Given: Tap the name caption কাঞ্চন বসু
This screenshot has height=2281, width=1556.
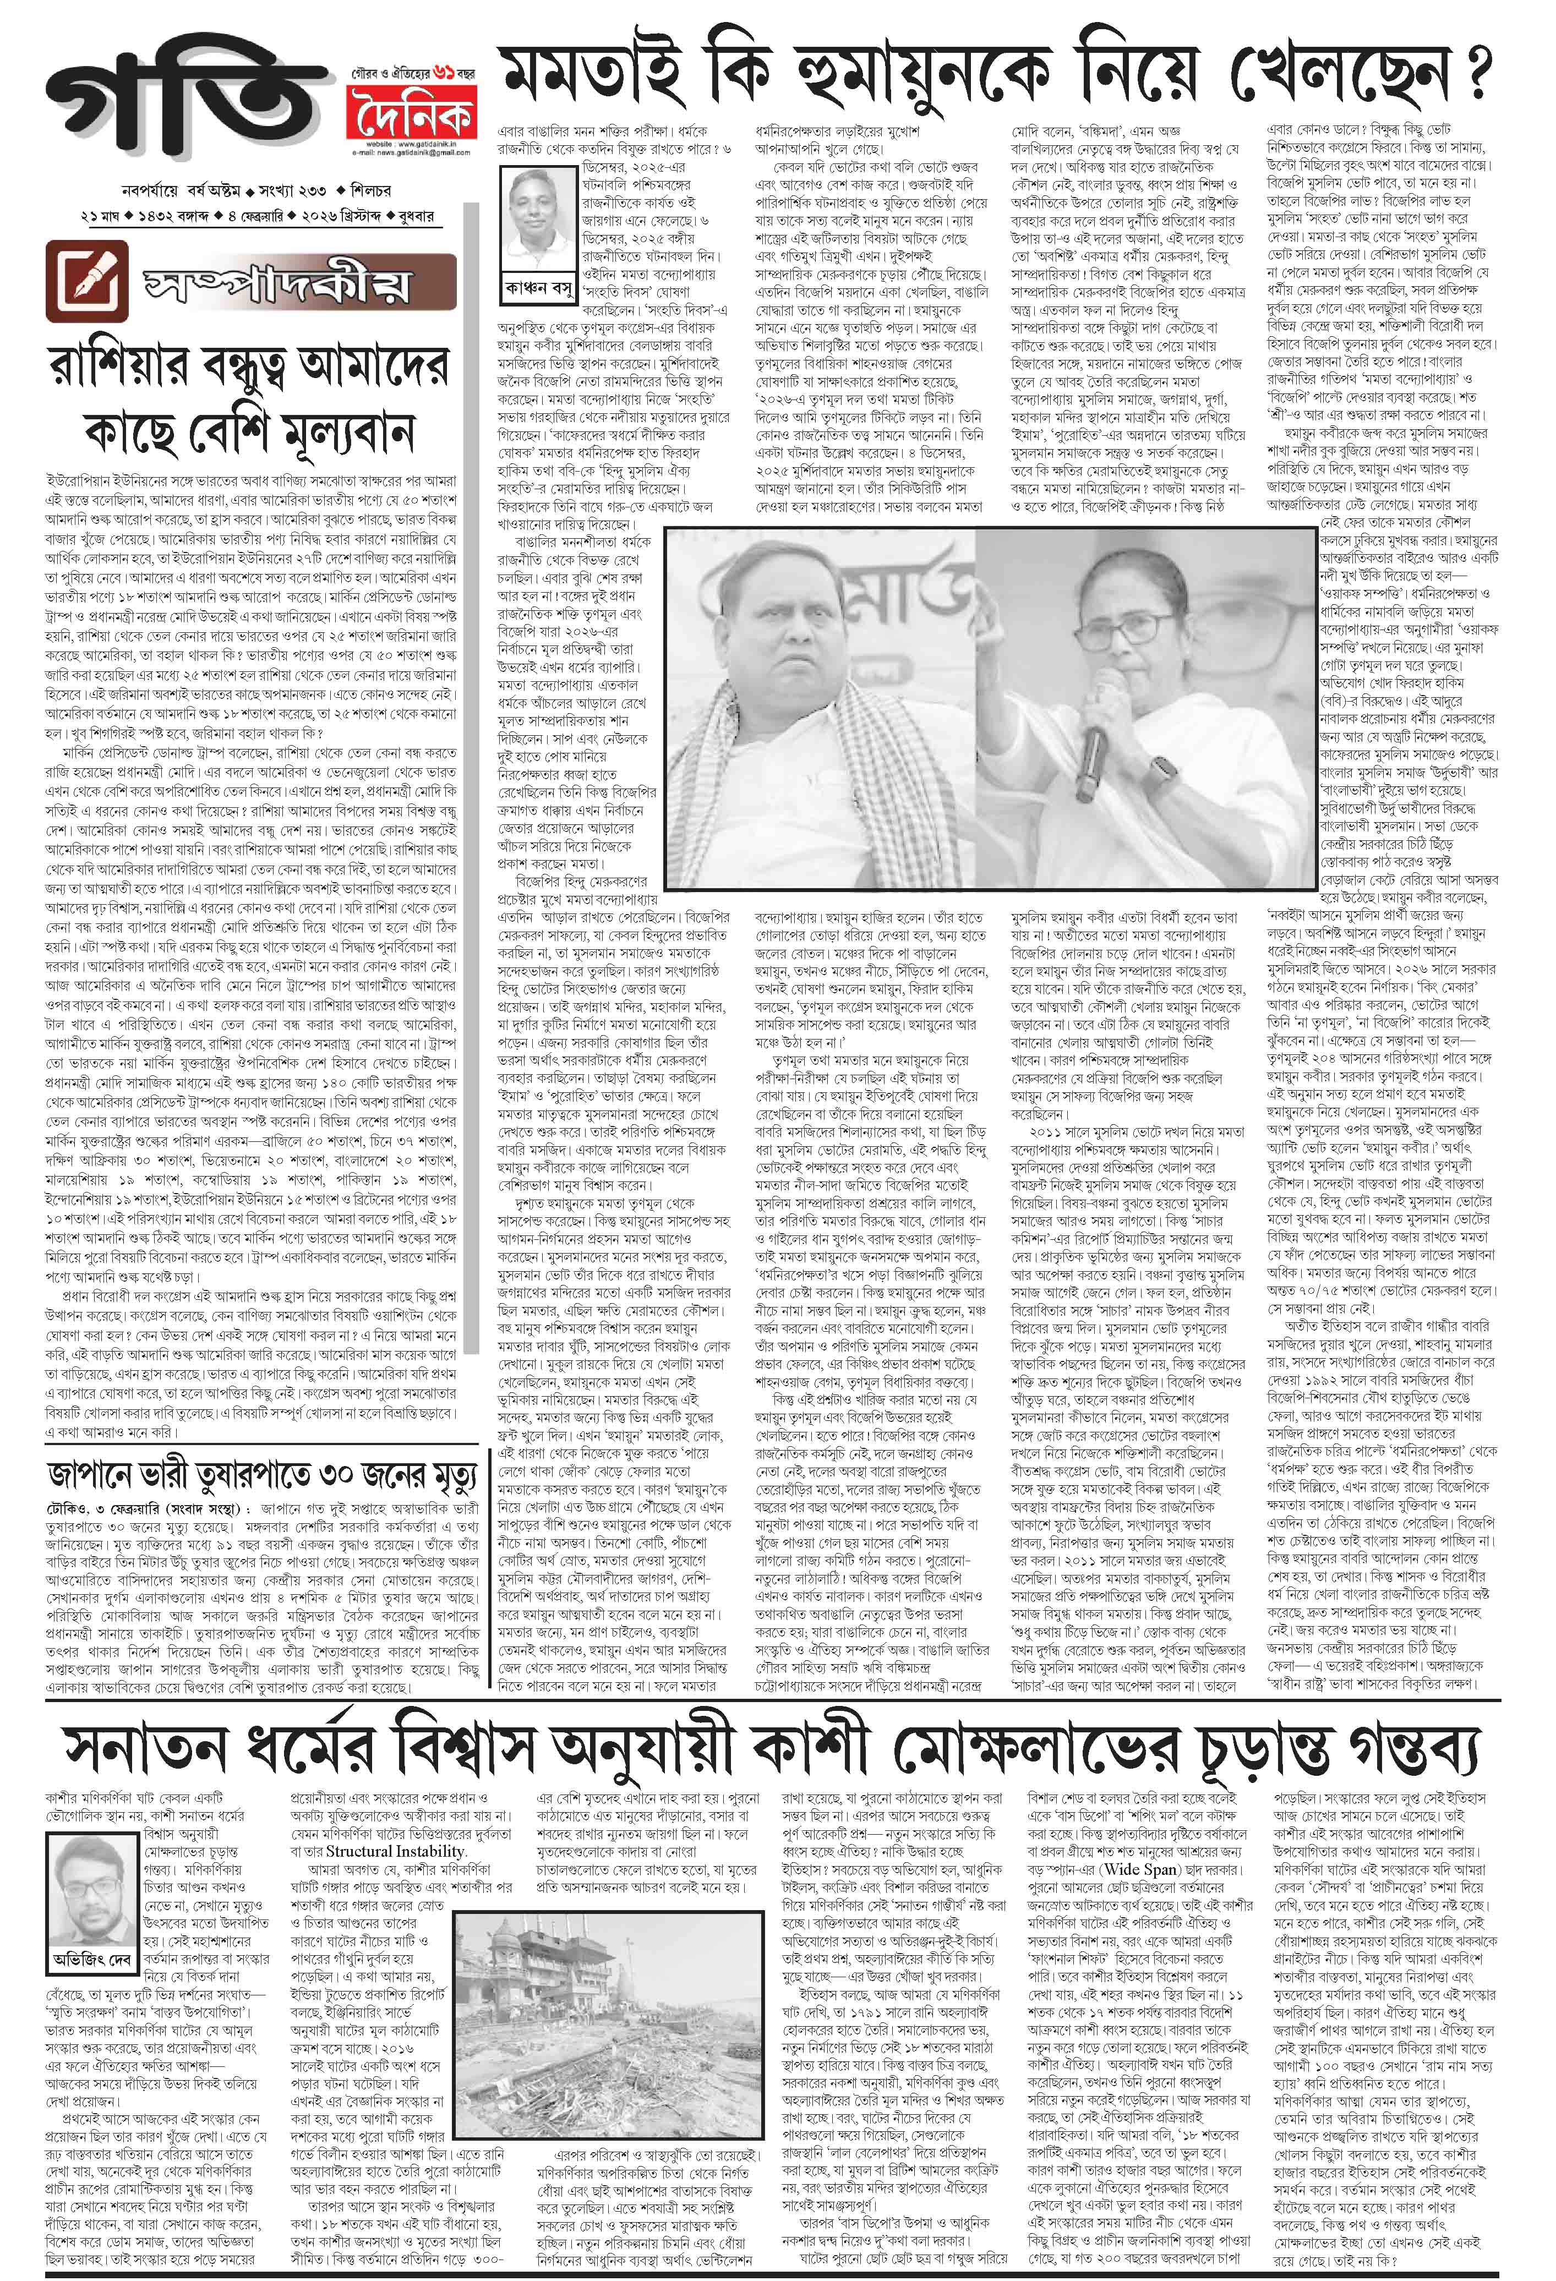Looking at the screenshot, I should [537, 288].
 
